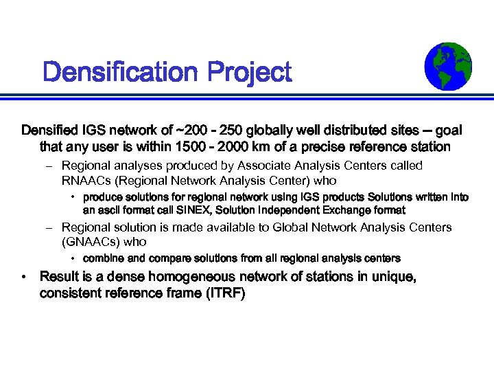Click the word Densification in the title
point(115,71)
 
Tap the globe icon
point(448,66)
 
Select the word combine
point(103,258)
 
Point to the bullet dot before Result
point(24,278)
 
